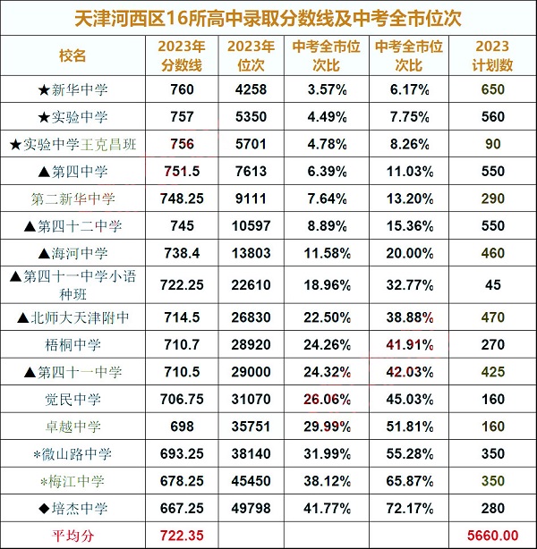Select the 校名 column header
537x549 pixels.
[77, 55]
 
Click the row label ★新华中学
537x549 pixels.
[77, 89]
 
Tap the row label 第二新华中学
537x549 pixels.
[77, 199]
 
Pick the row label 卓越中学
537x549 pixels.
[77, 427]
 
